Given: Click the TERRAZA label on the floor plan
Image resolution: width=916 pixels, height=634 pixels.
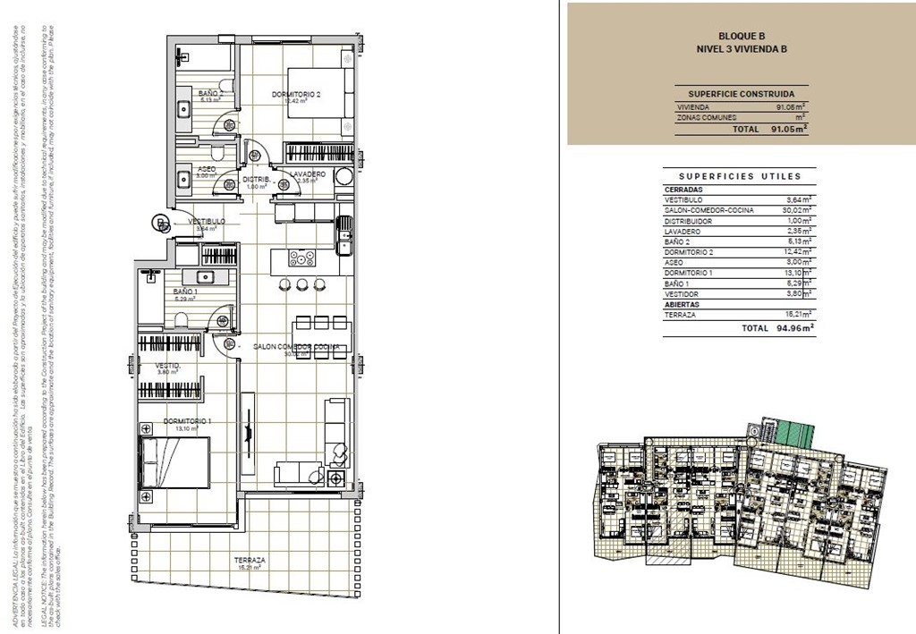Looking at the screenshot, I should [x=251, y=559].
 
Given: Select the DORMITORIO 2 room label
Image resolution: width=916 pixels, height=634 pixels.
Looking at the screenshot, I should [x=295, y=94].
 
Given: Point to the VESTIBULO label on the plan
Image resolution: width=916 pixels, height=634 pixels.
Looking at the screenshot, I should [x=206, y=221].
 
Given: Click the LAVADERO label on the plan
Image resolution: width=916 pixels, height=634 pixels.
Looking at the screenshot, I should [x=307, y=174].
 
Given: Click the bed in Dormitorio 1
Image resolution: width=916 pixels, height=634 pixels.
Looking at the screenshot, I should [x=175, y=462].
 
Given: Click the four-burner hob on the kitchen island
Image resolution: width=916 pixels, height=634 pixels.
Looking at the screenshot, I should [x=301, y=258].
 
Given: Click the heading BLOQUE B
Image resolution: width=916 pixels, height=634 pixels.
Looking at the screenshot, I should [x=742, y=36].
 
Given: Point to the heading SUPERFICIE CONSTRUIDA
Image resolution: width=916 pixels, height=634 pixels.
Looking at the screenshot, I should [x=741, y=93].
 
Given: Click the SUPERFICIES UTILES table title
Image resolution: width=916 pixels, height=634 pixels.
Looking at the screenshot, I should [x=740, y=176].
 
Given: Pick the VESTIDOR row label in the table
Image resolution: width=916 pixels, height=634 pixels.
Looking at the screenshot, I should [x=683, y=294].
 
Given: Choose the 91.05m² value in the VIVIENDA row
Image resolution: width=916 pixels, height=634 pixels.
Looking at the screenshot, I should [x=792, y=107].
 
